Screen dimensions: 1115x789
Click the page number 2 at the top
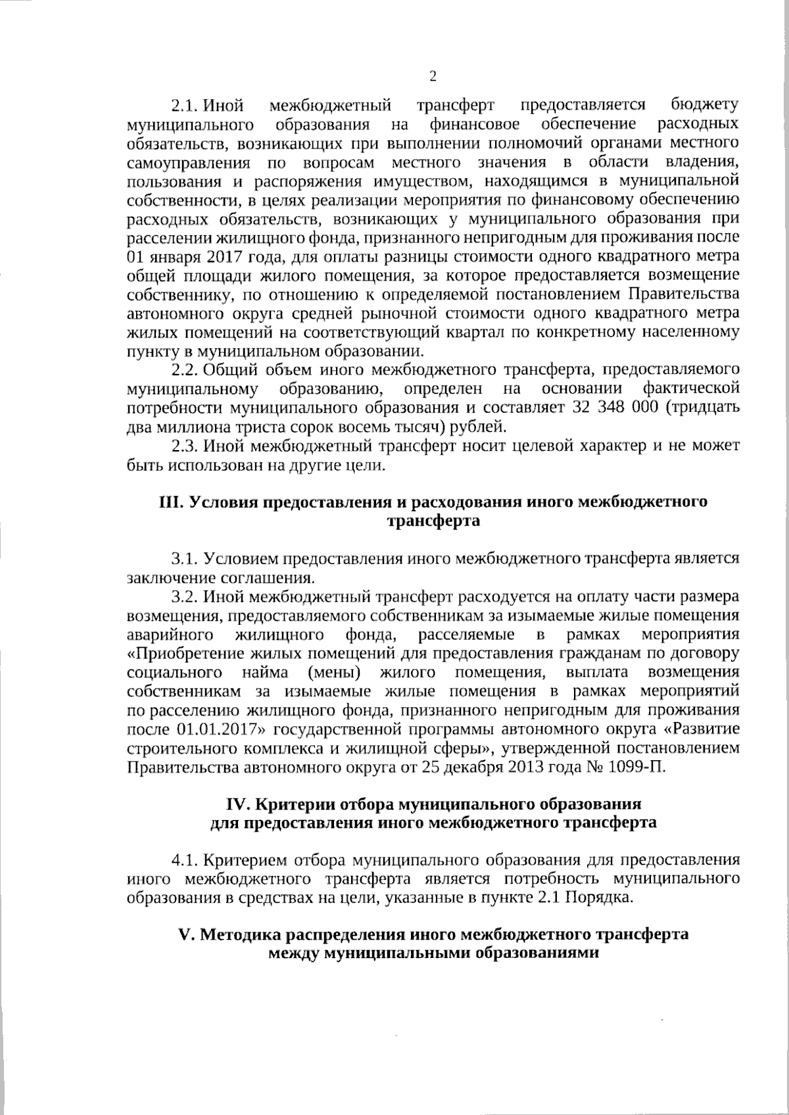[433, 76]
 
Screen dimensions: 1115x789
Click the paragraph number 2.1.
[185, 106]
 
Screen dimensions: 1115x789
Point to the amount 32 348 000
[615, 407]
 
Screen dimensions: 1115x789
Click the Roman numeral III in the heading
[172, 502]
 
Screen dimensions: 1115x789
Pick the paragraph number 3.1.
[185, 559]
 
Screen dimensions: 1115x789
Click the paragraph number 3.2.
[185, 597]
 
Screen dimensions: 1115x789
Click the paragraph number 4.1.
[185, 860]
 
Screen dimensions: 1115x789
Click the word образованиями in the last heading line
[537, 953]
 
